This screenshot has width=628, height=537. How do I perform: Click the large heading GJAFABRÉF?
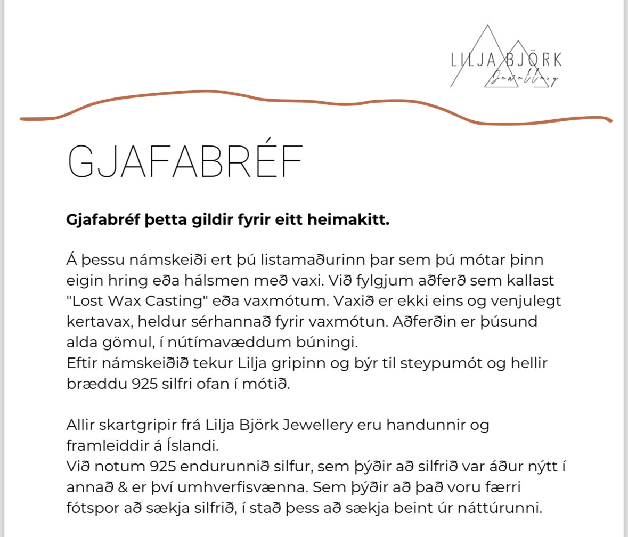point(185,160)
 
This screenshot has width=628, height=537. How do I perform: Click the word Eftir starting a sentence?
point(85,363)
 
